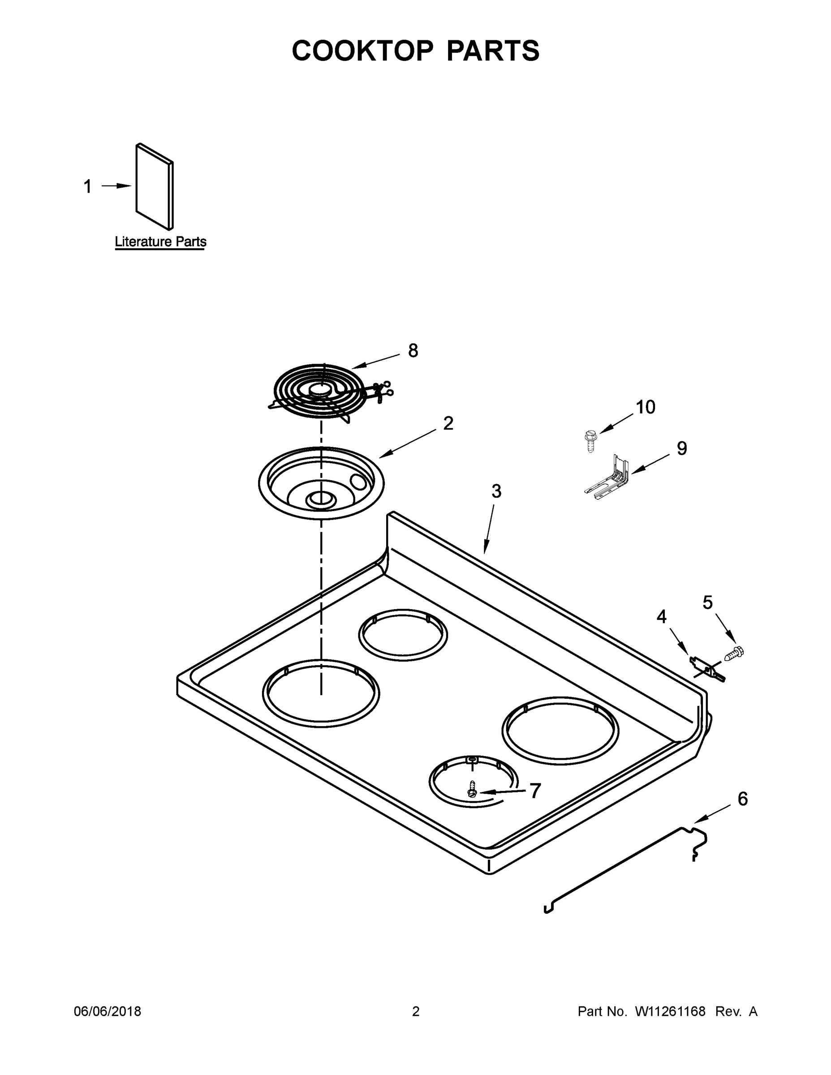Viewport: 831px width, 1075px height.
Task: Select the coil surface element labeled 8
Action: tap(320, 392)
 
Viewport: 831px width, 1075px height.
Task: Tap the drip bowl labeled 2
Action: tap(321, 482)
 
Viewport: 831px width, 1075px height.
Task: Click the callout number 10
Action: tap(645, 407)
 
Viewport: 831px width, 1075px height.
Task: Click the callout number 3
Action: tap(496, 491)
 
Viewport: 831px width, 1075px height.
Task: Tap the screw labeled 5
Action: tap(734, 653)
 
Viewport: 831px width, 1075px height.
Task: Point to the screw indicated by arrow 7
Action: tap(472, 790)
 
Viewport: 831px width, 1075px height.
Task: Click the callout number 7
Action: tap(535, 791)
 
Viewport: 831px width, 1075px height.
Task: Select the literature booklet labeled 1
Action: tap(155, 187)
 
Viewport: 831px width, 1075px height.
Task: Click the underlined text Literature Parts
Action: tap(160, 242)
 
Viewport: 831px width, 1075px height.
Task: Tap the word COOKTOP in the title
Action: tap(363, 51)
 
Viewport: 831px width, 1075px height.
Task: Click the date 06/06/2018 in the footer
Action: tap(108, 1011)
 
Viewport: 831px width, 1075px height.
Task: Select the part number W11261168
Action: tap(670, 1011)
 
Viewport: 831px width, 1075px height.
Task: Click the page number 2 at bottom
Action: tap(416, 1011)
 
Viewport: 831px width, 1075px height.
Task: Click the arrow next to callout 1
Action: tap(116, 186)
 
